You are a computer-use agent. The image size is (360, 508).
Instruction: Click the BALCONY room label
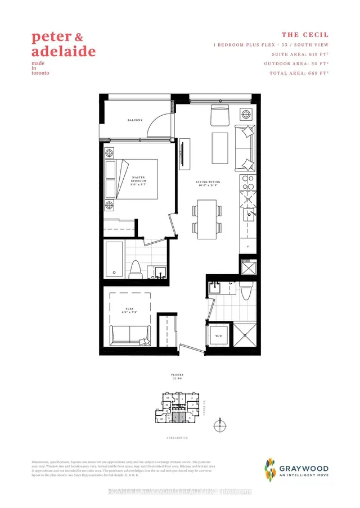pyautogui.click(x=134, y=120)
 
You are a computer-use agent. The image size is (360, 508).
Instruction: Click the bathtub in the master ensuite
pyautogui.click(x=115, y=260)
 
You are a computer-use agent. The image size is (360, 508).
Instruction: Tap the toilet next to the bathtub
pyautogui.click(x=136, y=270)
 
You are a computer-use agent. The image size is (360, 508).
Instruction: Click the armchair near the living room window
pyautogui.click(x=219, y=115)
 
